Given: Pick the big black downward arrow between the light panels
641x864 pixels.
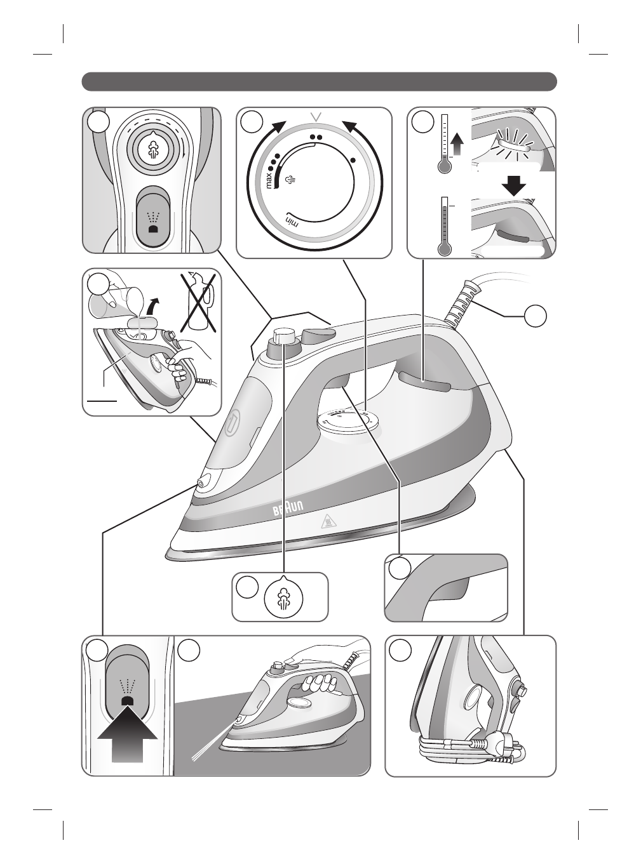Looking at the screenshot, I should pyautogui.click(x=513, y=185).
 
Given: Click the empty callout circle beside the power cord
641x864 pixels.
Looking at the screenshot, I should pyautogui.click(x=536, y=316).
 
